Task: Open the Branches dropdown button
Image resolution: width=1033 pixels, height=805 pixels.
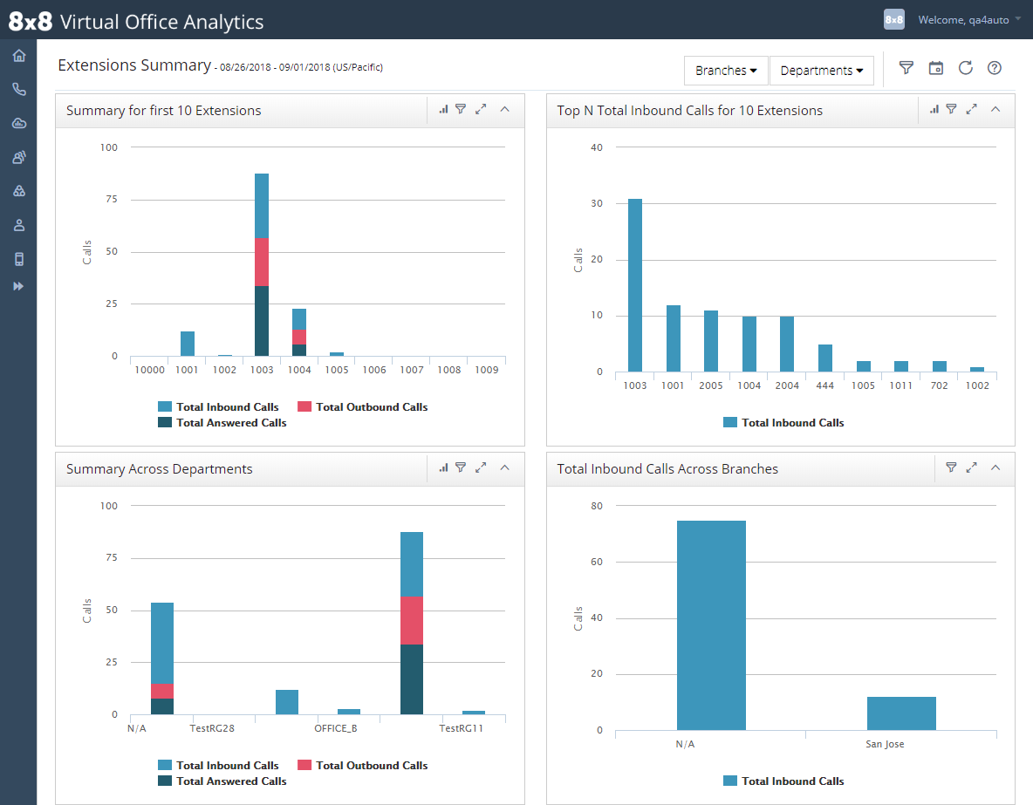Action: pos(726,71)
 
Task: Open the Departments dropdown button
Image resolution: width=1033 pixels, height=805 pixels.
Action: pos(822,71)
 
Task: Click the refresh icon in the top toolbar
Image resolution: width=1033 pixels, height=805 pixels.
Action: pos(965,68)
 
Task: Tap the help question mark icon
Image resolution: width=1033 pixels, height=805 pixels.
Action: pos(994,68)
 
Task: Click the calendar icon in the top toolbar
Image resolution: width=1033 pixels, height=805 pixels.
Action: pos(935,68)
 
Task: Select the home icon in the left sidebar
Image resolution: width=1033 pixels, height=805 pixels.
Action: pos(19,55)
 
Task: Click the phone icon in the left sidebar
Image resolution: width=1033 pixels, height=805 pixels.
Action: pos(19,89)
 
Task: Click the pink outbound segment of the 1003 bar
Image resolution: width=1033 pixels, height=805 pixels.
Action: pos(262,263)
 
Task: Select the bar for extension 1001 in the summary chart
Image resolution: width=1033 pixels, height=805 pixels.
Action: pos(188,344)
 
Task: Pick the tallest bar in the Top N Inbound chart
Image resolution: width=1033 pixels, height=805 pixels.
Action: pos(635,285)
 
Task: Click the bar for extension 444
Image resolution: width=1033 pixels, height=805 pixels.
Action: pos(824,358)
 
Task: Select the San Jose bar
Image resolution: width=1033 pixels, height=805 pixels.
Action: pos(901,713)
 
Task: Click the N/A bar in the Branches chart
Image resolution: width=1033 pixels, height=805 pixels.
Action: pos(712,625)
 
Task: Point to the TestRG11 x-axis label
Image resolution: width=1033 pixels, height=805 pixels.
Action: pos(462,728)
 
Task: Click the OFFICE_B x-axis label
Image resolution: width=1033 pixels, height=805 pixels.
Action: pos(335,728)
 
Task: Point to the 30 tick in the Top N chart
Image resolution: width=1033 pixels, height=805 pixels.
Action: pos(597,203)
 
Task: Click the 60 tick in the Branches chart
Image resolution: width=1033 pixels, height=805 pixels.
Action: pos(597,562)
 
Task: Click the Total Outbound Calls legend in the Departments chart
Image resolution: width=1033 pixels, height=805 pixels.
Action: pos(362,766)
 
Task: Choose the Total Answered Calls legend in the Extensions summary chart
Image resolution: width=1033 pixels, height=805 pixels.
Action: pos(222,423)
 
